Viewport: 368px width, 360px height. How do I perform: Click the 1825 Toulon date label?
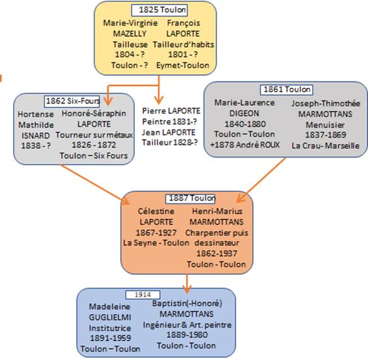coord(159,10)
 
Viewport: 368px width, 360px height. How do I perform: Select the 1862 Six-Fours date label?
coord(72,101)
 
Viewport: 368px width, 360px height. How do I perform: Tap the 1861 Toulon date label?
coord(286,90)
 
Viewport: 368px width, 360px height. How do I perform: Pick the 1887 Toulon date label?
coord(190,198)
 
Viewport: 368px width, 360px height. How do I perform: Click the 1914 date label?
coord(143,294)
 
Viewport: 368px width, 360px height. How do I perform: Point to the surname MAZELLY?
coord(130,33)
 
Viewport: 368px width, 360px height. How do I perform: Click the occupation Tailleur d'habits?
coord(183,45)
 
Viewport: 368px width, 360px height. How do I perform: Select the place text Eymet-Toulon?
coord(183,65)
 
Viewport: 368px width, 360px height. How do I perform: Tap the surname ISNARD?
coord(35,135)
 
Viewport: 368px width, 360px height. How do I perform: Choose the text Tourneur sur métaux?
coord(94,135)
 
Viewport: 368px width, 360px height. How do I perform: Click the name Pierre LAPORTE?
coord(171,111)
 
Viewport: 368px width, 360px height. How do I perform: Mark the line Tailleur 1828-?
coord(170,142)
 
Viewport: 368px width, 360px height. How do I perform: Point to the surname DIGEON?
coord(244,114)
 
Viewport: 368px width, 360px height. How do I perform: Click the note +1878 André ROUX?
coord(245,145)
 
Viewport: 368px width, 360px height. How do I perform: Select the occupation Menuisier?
coord(325,124)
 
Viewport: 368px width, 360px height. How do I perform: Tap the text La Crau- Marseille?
coord(325,146)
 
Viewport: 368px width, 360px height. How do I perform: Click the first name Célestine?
coord(156,211)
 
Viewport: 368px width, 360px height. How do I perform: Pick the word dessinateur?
coord(217,243)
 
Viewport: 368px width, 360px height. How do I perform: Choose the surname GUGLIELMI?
coord(110,317)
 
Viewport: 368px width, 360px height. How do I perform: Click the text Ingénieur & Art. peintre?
coord(187,325)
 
